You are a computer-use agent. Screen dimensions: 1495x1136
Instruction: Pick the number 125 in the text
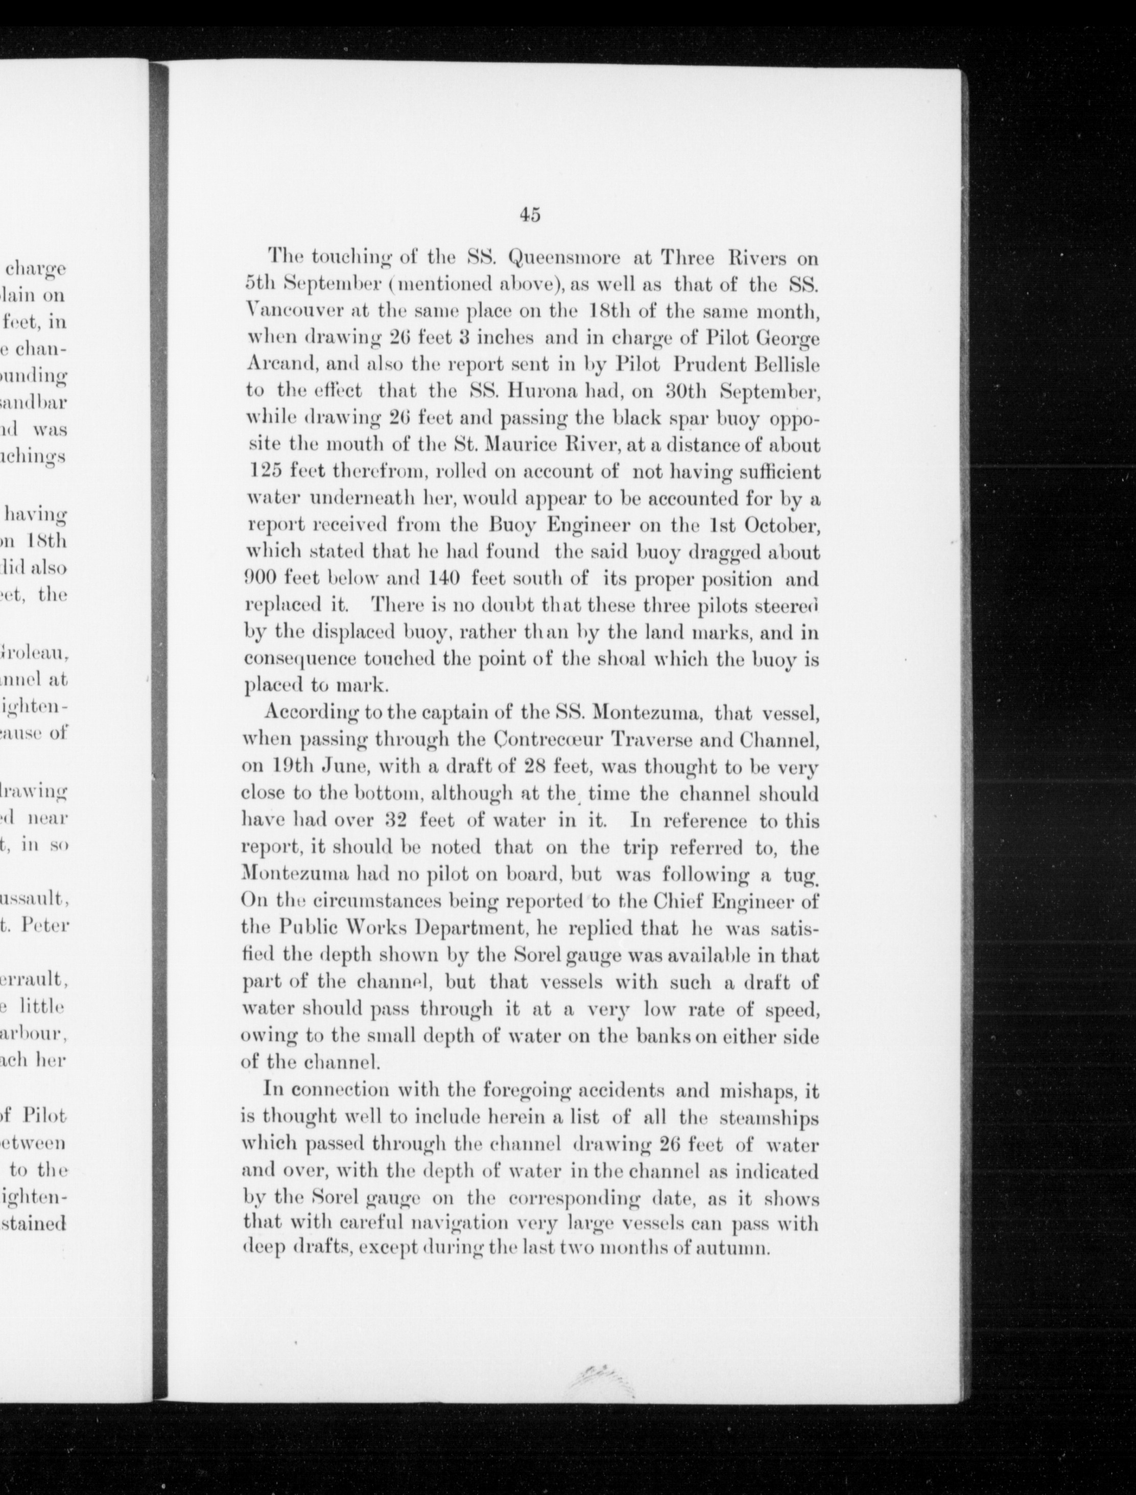(x=263, y=471)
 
